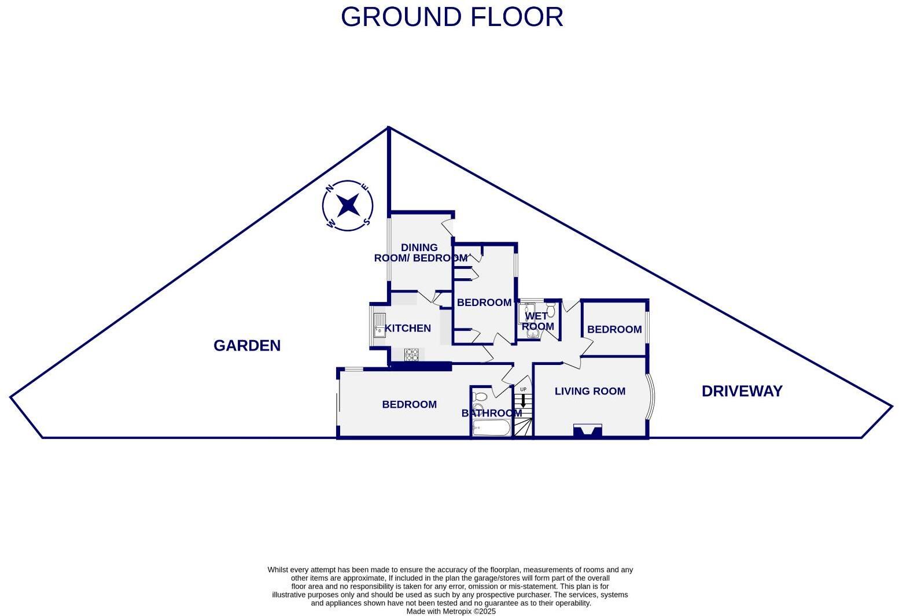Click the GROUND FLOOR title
(x=452, y=17)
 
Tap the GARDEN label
(x=247, y=346)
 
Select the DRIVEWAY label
(x=742, y=392)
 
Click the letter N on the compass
(x=330, y=188)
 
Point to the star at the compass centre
(x=348, y=205)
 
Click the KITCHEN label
(x=408, y=329)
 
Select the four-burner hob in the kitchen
(x=411, y=355)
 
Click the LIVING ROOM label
(x=589, y=392)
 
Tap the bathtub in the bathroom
(x=491, y=429)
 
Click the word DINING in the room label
(x=419, y=248)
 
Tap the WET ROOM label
(x=537, y=321)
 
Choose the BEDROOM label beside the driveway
(x=614, y=330)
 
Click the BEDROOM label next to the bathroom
(x=409, y=405)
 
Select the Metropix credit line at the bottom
(x=451, y=611)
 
